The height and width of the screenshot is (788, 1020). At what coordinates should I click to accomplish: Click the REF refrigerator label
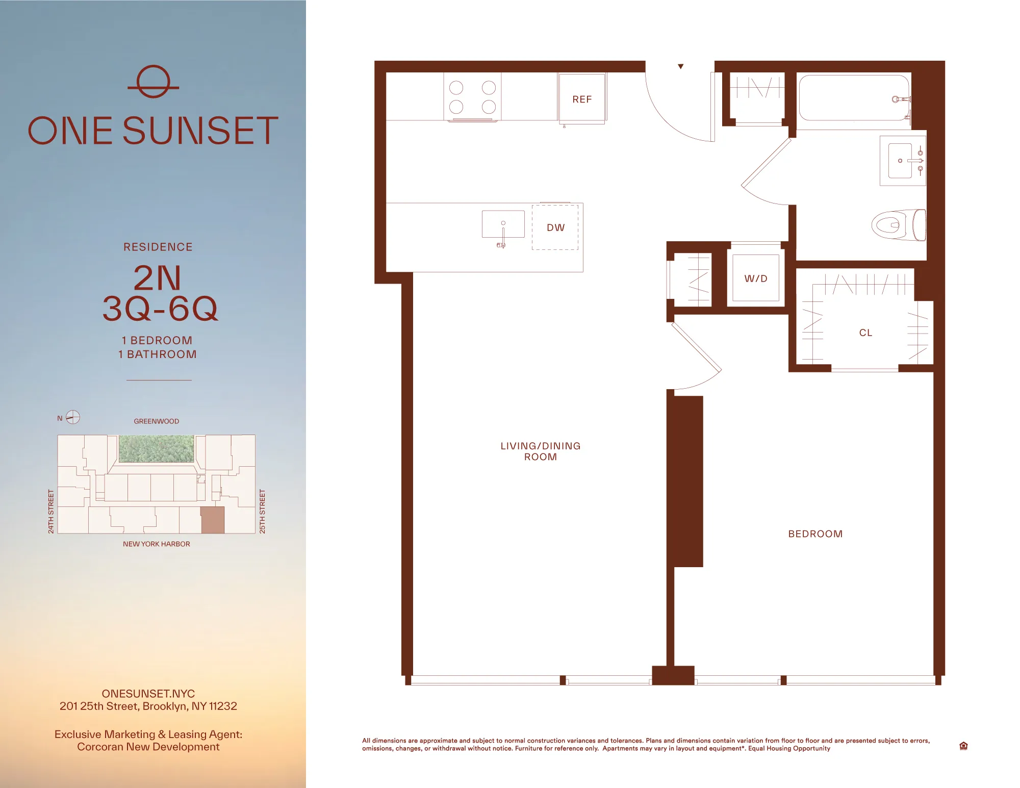point(582,99)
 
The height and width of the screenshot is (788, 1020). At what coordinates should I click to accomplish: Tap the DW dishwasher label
point(555,227)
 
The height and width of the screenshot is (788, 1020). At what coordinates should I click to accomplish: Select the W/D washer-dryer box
point(755,278)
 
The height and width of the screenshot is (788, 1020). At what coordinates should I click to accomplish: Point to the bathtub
point(853,98)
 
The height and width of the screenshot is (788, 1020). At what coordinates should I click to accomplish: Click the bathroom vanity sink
point(901,161)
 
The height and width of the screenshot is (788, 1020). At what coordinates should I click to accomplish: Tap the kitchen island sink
point(503,224)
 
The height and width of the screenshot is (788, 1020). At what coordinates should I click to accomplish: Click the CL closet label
point(865,333)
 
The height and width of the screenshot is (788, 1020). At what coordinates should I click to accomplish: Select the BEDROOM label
point(815,534)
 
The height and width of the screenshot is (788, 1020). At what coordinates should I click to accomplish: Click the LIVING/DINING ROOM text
point(540,451)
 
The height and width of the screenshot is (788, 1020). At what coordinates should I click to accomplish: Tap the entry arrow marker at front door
point(680,67)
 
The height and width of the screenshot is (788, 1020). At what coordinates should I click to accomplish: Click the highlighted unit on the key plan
point(212,520)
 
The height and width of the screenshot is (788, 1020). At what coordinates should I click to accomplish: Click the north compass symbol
point(73,417)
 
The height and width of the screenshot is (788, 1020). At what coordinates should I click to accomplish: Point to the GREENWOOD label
point(156,421)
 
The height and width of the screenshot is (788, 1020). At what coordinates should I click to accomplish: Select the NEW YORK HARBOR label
point(156,544)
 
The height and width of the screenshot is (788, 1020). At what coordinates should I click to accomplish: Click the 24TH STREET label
point(51,512)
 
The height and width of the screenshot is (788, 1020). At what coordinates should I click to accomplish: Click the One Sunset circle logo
point(153,82)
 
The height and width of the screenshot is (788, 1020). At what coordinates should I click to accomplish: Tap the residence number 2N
point(157,278)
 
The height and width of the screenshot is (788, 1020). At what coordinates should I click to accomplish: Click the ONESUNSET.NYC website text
point(148,694)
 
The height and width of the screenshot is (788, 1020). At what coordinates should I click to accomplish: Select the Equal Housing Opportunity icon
point(963,746)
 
